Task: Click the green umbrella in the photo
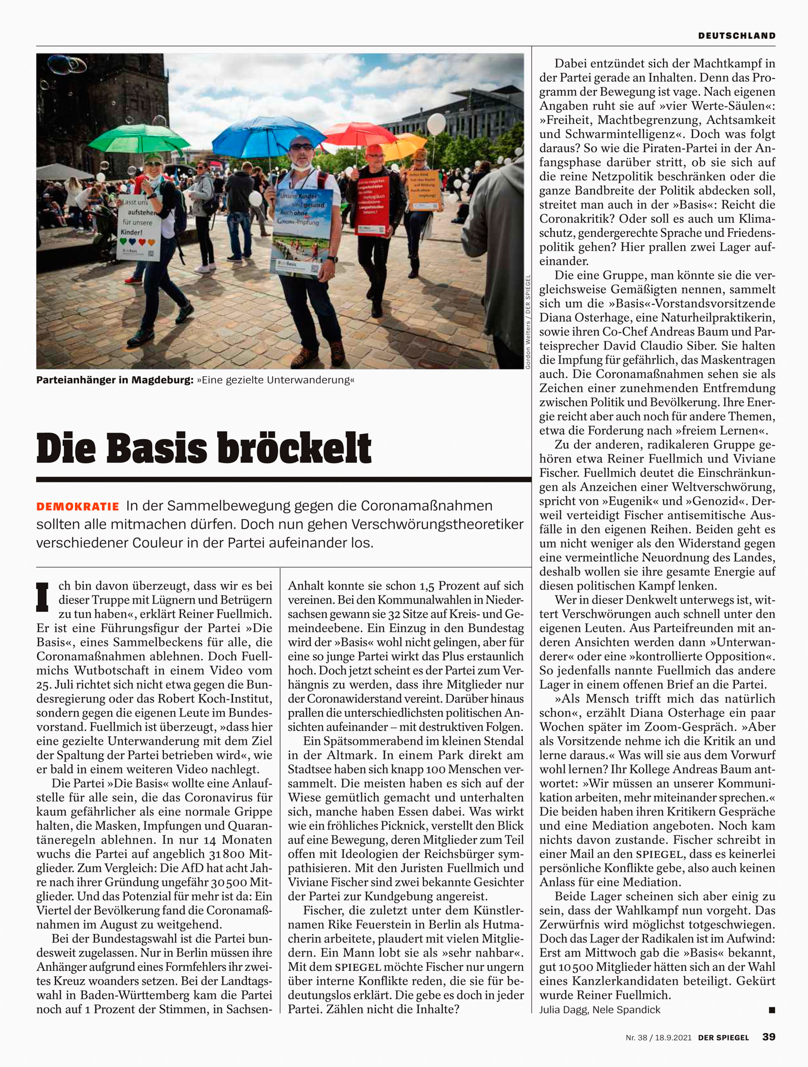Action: click(139, 139)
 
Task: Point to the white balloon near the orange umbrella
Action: click(436, 124)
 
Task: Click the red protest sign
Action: click(372, 205)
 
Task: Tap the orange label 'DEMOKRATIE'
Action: click(78, 507)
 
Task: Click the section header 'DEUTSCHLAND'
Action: click(737, 36)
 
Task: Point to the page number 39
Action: click(769, 1037)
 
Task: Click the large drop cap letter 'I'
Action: click(43, 597)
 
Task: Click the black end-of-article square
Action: click(772, 1010)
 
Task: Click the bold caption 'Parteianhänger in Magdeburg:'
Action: click(114, 381)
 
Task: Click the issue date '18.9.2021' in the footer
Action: click(673, 1038)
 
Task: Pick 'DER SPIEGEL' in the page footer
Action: click(724, 1038)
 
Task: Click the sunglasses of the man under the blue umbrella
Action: click(301, 147)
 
